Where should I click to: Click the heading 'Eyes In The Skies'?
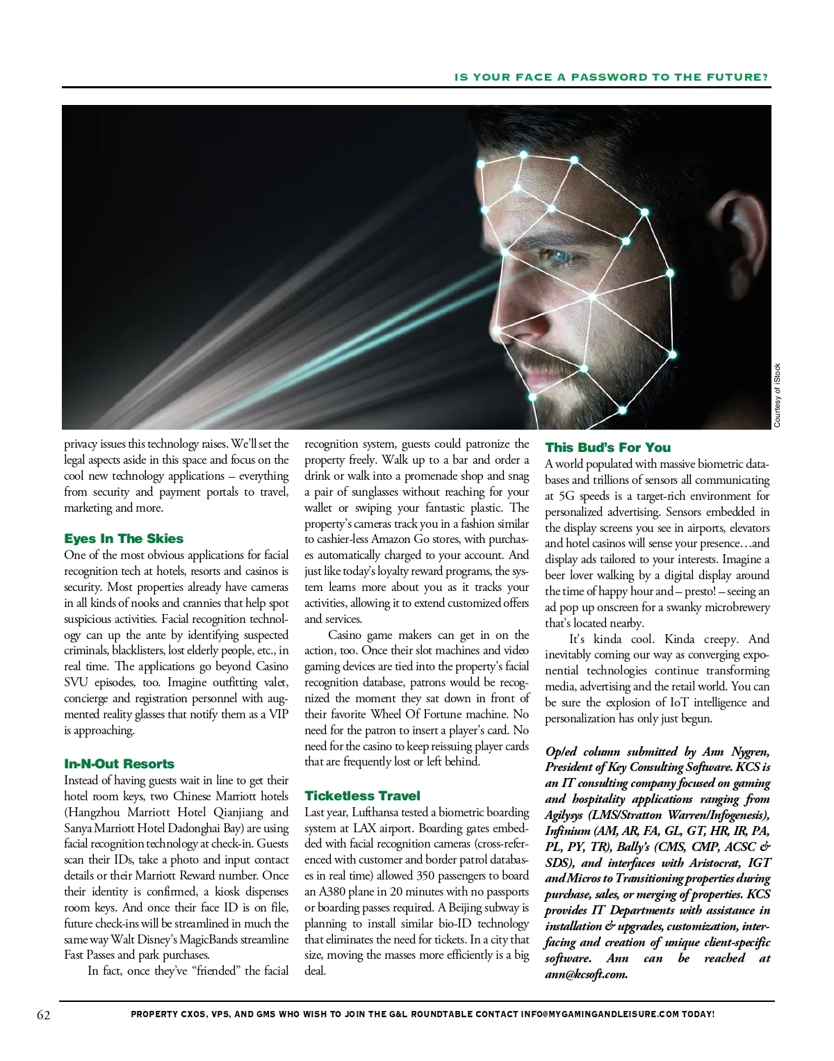tap(124, 539)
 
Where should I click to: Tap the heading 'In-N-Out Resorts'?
tap(119, 764)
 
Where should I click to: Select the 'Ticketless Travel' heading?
tap(362, 795)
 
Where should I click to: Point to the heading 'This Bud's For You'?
tap(608, 448)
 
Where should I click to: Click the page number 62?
tap(43, 1014)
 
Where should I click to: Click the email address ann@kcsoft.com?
tap(586, 974)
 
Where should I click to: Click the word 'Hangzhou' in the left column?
tap(99, 812)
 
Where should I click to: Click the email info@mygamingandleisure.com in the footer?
tap(600, 1014)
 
